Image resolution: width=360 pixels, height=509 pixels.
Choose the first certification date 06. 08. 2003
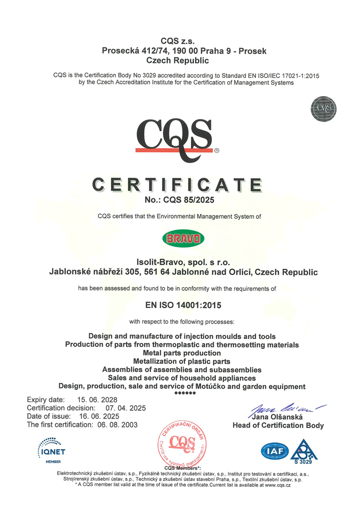tap(120, 424)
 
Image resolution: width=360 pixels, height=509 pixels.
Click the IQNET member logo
tap(53, 448)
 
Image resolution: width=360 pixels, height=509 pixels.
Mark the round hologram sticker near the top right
tap(324, 108)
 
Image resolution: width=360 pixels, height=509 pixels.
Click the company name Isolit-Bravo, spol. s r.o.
tap(183, 262)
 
